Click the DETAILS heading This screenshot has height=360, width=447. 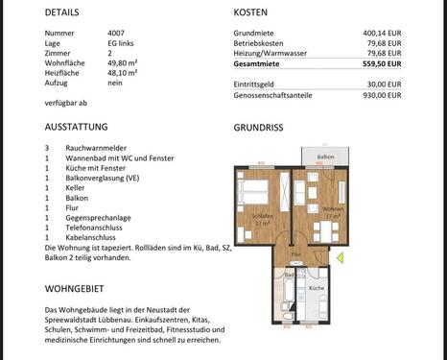[x=61, y=12]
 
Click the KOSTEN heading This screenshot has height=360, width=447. [x=250, y=12]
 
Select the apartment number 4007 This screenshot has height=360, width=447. [x=116, y=34]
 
